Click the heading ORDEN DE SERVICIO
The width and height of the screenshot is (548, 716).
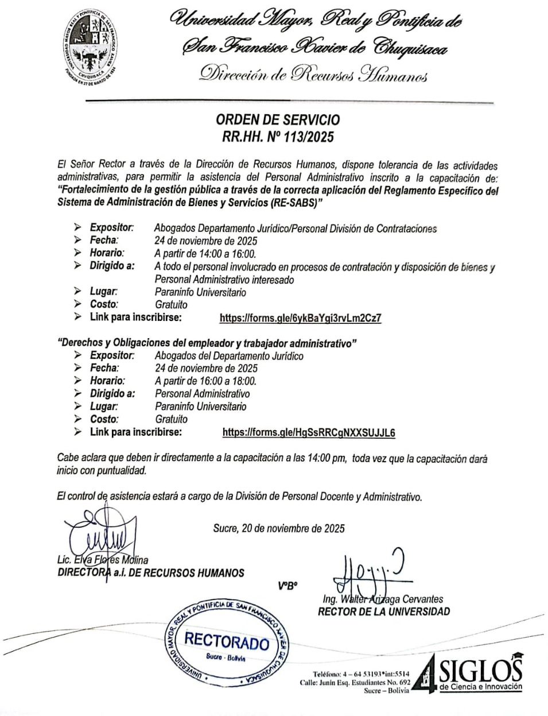tap(277, 120)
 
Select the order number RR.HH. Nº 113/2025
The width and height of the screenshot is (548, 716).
tap(277, 137)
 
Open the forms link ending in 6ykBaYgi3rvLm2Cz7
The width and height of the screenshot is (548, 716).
tap(301, 318)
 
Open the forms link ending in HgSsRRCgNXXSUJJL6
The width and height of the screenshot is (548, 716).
tap(309, 432)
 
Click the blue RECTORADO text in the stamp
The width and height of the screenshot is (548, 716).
tap(227, 642)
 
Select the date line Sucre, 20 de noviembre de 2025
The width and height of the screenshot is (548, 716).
tap(278, 528)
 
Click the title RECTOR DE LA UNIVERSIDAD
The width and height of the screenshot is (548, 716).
tap(384, 611)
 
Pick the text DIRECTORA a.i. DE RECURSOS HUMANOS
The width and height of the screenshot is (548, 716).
tap(150, 572)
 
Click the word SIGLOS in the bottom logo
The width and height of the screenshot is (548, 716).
tap(481, 671)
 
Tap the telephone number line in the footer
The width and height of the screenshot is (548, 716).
tap(361, 674)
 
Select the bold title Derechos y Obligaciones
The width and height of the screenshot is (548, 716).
tap(208, 343)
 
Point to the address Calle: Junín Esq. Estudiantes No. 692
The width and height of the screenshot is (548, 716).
tap(355, 683)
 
